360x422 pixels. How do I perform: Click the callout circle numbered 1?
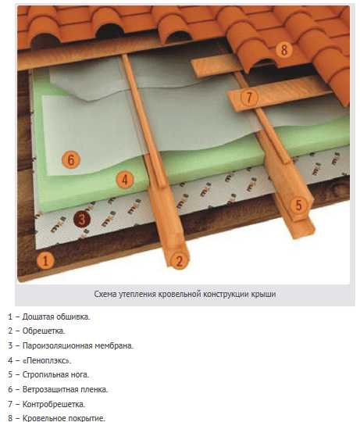pyautogui.click(x=45, y=260)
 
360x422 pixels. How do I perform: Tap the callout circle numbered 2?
pyautogui.click(x=179, y=260)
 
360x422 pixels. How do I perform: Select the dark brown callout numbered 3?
pyautogui.click(x=82, y=219)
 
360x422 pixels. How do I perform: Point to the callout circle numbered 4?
pyautogui.click(x=125, y=180)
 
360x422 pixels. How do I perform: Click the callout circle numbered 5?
pyautogui.click(x=299, y=206)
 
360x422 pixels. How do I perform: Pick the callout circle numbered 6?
pyautogui.click(x=71, y=159)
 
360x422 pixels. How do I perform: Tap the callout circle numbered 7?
pyautogui.click(x=249, y=97)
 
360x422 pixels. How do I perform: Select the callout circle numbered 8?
pyautogui.click(x=284, y=49)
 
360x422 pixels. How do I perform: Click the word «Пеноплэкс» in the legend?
pyautogui.click(x=47, y=360)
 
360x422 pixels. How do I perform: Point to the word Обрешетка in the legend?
pyautogui.click(x=44, y=331)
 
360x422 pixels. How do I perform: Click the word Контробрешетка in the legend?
pyautogui.click(x=54, y=404)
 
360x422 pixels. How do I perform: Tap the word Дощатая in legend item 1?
pyautogui.click(x=38, y=316)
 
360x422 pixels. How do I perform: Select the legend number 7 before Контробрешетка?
pyautogui.click(x=10, y=404)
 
